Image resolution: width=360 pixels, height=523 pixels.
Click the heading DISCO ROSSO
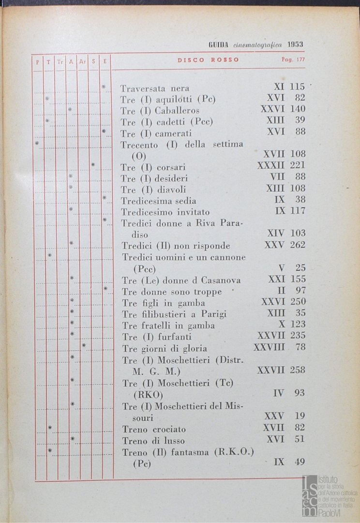[208, 60]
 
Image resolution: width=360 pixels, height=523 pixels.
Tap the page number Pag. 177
[293, 60]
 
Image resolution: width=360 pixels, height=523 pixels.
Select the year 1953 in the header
[295, 44]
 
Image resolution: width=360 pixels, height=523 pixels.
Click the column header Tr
[60, 62]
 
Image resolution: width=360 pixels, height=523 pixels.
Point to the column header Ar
[83, 62]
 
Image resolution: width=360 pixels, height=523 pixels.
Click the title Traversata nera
[155, 89]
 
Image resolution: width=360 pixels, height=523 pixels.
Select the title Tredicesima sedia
[159, 201]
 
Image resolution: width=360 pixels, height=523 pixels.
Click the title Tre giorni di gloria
[165, 349]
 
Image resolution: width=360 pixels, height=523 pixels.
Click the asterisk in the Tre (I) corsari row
[93, 165]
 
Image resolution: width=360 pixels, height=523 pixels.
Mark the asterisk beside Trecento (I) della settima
[37, 143]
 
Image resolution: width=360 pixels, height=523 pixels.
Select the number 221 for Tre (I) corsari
[298, 166]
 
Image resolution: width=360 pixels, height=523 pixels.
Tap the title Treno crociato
[154, 429]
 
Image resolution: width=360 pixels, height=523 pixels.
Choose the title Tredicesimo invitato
[165, 212]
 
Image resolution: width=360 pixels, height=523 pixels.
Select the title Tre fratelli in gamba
[168, 325]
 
